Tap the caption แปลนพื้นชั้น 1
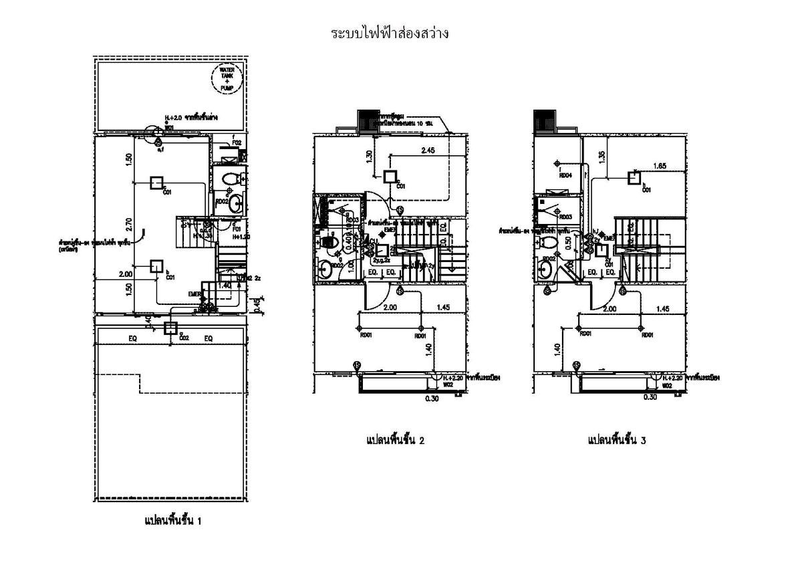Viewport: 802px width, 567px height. click(172, 520)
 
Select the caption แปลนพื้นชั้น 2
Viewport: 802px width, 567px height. click(396, 440)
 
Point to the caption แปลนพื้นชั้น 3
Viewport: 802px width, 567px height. click(616, 440)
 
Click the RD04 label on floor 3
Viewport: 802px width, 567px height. click(565, 176)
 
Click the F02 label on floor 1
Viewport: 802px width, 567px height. click(236, 142)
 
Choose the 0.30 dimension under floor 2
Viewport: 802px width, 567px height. click(432, 399)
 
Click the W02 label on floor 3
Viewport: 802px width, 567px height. click(666, 386)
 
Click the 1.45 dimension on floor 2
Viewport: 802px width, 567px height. click(442, 308)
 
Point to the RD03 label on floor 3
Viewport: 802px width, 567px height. click(565, 217)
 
